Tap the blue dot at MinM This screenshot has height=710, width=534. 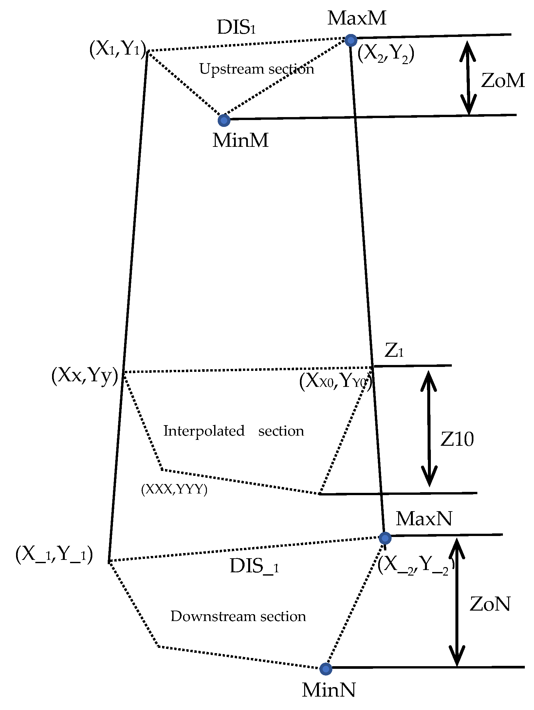(x=224, y=120)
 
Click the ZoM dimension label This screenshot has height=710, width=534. (x=503, y=80)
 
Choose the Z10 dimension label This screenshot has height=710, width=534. (x=457, y=439)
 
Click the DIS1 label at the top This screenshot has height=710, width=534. (x=236, y=27)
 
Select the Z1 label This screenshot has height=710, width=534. (x=394, y=351)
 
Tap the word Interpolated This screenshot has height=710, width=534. (x=204, y=431)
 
